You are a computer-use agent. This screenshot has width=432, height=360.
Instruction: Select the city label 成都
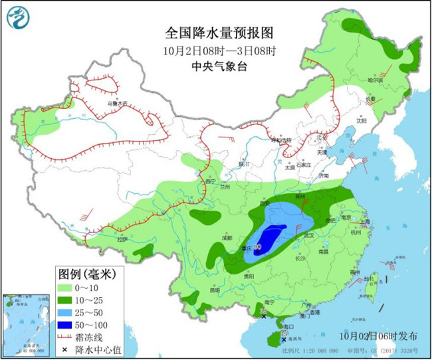point(228,237)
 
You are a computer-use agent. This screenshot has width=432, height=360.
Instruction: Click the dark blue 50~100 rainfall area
point(269,238)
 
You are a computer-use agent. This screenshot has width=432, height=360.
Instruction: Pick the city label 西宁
point(211,181)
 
